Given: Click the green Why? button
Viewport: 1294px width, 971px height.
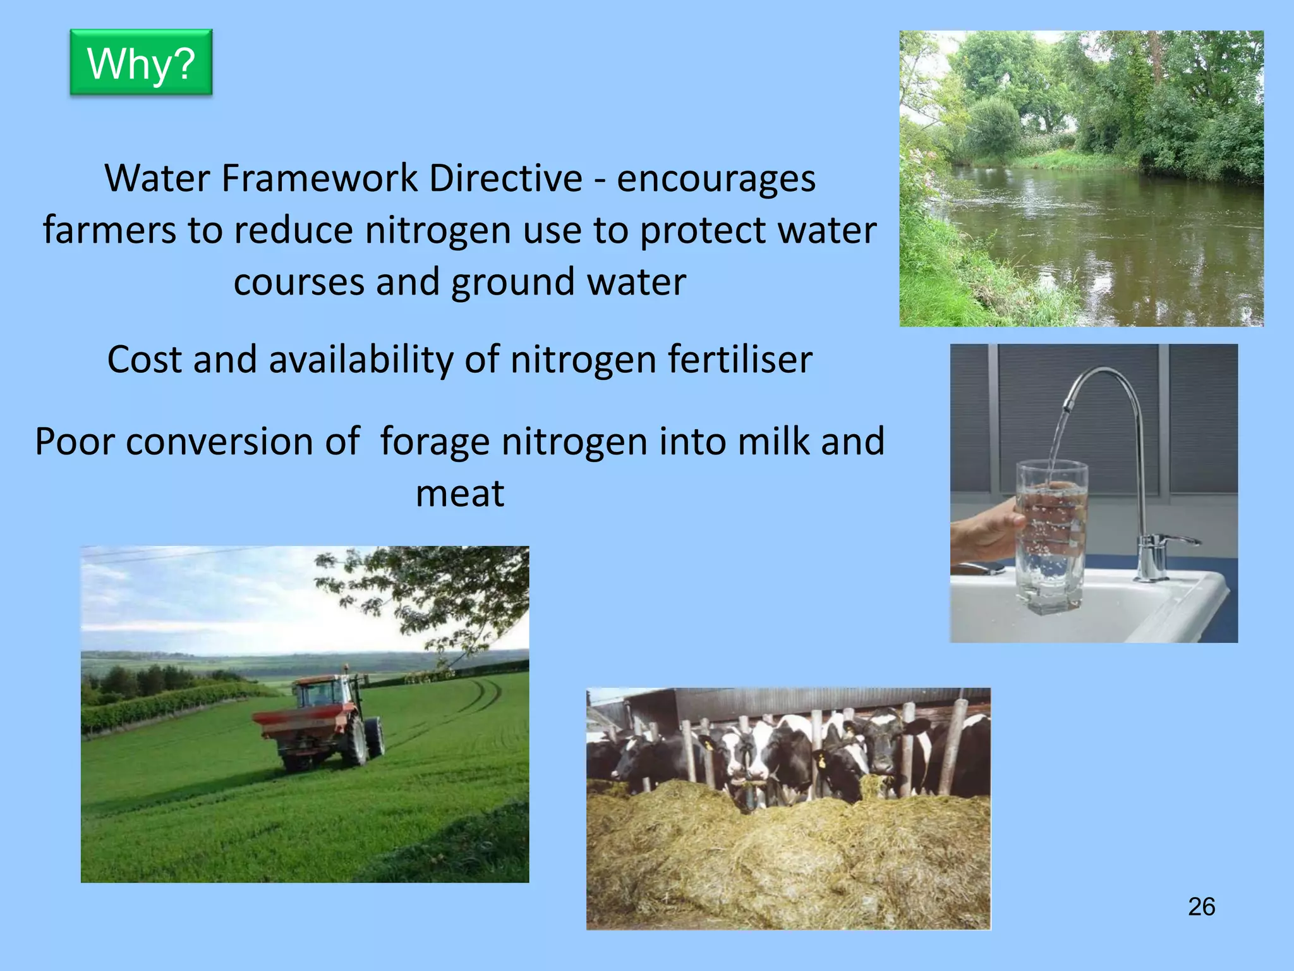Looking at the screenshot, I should [x=141, y=63].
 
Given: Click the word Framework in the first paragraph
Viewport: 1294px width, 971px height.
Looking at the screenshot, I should [x=319, y=178].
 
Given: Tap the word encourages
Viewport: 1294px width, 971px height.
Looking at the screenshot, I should [x=716, y=180].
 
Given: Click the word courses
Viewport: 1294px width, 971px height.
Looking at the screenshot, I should [x=299, y=282].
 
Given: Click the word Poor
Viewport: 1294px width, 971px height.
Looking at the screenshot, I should [x=74, y=441].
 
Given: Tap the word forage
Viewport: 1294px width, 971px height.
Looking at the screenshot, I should [x=435, y=443].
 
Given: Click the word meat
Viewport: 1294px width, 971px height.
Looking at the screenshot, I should [x=460, y=494].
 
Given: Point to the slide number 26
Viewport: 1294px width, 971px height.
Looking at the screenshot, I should [x=1201, y=907].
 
